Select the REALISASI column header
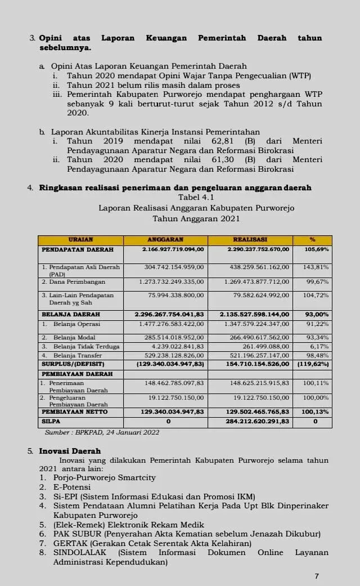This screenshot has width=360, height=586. pos(250,240)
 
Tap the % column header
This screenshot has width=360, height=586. pos(312,240)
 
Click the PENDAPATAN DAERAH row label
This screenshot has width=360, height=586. pos(77,249)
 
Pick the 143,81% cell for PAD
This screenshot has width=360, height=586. pos(316,267)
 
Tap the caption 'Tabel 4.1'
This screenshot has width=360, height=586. pos(196,197)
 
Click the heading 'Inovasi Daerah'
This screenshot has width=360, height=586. pos(70,451)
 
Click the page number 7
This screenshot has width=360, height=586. pos(317,576)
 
